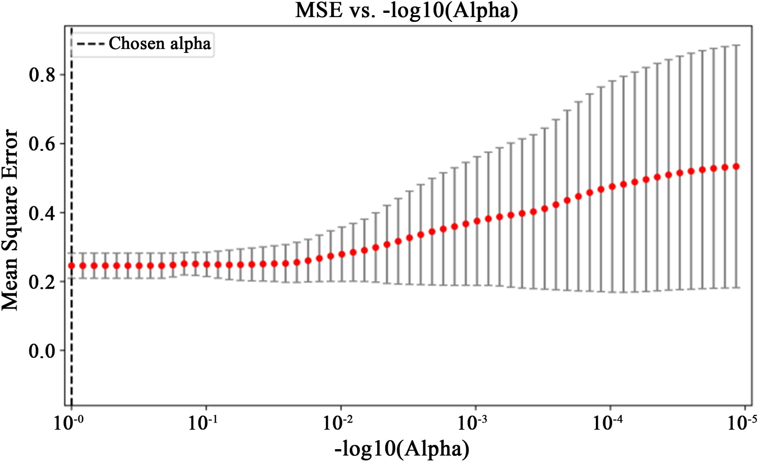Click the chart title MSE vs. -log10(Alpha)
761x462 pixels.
pos(406,10)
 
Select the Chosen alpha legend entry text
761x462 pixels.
pos(159,43)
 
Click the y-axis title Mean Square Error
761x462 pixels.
pos(10,220)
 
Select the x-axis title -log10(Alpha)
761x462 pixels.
pos(402,449)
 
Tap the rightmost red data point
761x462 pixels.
pos(736,167)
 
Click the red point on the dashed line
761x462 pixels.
pos(71,266)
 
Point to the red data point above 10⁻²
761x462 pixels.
pos(341,254)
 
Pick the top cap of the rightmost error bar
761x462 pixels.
pos(736,45)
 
